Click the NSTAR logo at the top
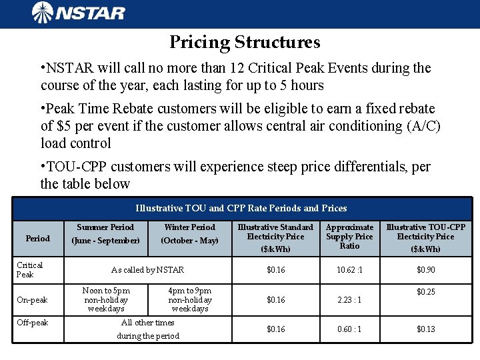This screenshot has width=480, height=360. pos(78,13)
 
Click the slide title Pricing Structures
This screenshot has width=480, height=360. pos(245,43)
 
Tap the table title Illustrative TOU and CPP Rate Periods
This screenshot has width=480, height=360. pos(241,208)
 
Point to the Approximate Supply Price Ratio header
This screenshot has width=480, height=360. pos(349,237)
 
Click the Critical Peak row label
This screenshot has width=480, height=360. pos(30,269)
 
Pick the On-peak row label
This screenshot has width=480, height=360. pos(33,300)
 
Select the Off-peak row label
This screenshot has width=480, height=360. pos(33,323)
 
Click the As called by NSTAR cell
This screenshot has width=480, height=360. pos(147,269)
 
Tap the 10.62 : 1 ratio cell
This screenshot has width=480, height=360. pos(349,269)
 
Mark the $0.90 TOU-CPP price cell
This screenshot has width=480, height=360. pos(426,269)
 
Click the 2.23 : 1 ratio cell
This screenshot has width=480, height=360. pos(349,300)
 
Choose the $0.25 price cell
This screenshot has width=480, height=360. pos(426,292)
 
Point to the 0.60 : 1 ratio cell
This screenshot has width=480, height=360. pos(349,329)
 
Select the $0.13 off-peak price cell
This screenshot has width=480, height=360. pos(426,329)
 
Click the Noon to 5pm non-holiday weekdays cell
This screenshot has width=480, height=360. pos(106,300)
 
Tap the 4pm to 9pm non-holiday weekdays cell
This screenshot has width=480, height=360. pos(190,300)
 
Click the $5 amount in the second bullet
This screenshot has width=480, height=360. pos(67,125)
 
